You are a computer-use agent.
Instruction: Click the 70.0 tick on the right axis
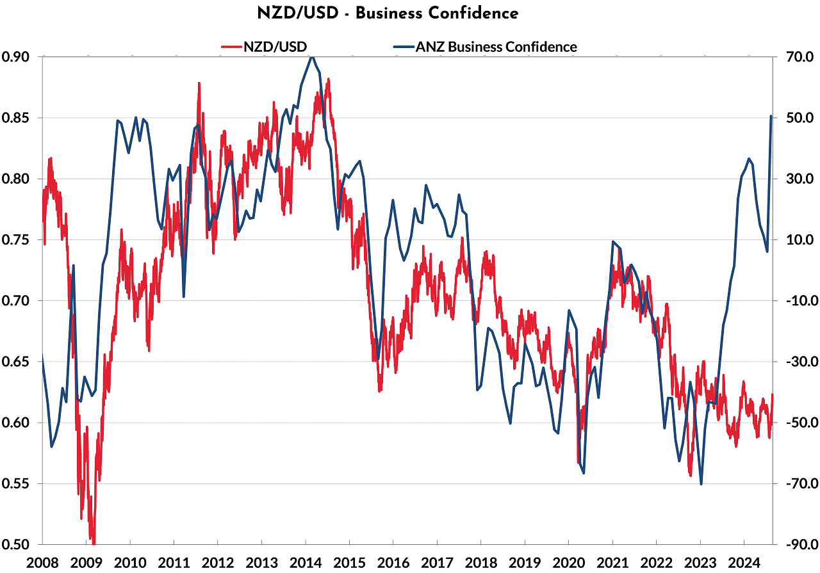pyautogui.click(x=796, y=57)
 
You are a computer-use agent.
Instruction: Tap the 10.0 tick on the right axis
pyautogui.click(x=796, y=240)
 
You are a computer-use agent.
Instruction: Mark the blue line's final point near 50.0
pyautogui.click(x=771, y=117)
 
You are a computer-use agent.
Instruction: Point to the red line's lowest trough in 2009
pyautogui.click(x=94, y=544)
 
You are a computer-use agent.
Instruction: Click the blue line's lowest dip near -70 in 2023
pyautogui.click(x=701, y=484)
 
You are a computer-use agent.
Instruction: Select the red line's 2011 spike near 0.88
pyautogui.click(x=199, y=83)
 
